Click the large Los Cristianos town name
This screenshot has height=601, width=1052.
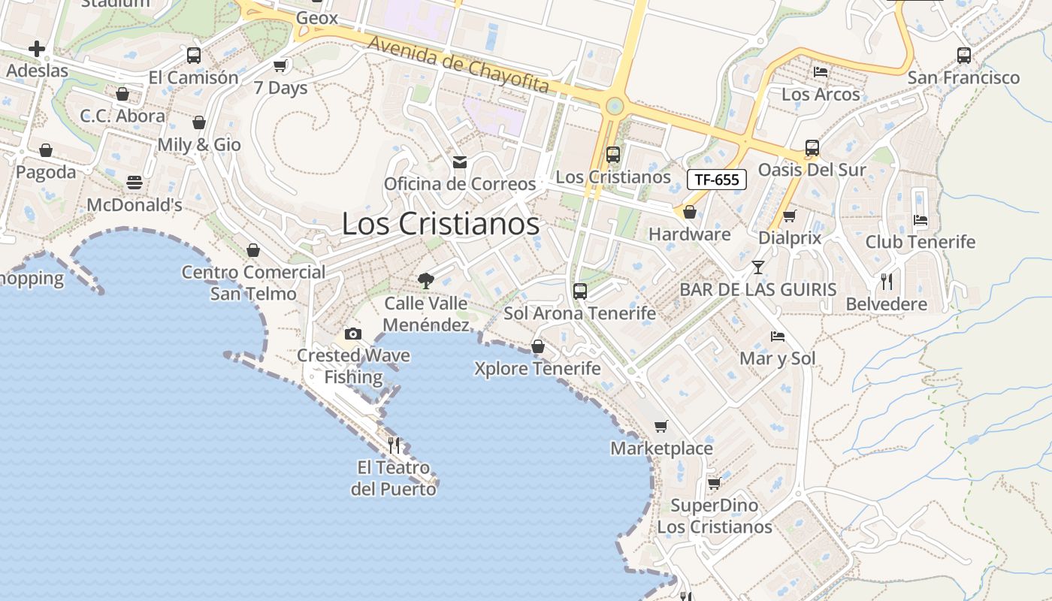[x=440, y=224]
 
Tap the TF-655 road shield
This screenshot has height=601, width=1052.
[x=717, y=180]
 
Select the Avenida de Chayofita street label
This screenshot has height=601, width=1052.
[x=458, y=65]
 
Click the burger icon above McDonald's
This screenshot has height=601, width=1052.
[x=135, y=183]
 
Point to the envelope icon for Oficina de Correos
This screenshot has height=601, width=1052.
[x=460, y=162]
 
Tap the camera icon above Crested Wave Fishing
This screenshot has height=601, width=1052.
[x=353, y=334]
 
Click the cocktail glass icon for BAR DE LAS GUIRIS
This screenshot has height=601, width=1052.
[x=757, y=267]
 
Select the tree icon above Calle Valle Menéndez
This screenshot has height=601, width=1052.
[x=426, y=282]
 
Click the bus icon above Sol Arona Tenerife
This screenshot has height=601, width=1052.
[x=579, y=291]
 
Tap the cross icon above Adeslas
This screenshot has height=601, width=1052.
[x=37, y=50]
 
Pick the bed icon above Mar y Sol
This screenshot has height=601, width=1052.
[x=778, y=337]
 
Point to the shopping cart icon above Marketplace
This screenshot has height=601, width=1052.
[x=661, y=427]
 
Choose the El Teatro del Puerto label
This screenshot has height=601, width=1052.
[x=394, y=479]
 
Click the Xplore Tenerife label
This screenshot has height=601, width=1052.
[x=537, y=368]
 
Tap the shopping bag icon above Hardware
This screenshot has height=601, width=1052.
[x=690, y=213]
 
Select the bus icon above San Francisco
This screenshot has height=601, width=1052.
[x=963, y=55]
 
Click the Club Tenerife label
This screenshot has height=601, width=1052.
[x=920, y=242]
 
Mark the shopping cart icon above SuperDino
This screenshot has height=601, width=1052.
[x=715, y=483]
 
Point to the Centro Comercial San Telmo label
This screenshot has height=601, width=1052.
[x=254, y=282]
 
